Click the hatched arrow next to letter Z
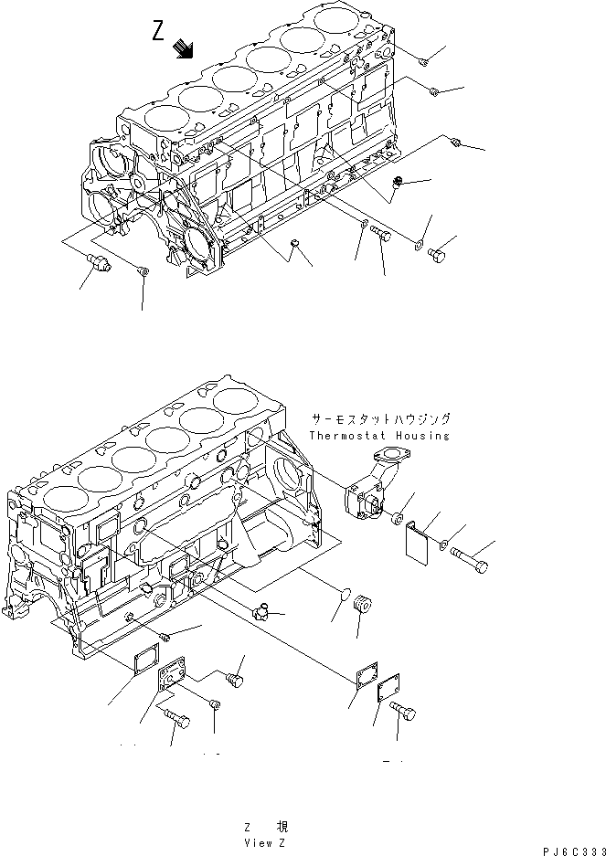pyautogui.click(x=185, y=48)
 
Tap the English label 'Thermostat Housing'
pyautogui.click(x=379, y=436)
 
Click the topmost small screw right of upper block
pyautogui.click(x=424, y=61)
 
